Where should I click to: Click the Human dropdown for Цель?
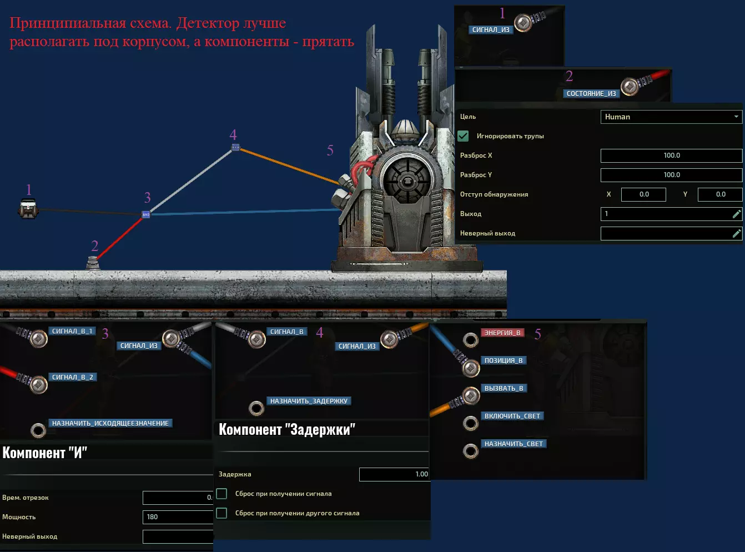coord(671,117)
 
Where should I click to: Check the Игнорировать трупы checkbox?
coord(463,136)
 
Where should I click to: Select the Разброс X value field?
coord(671,155)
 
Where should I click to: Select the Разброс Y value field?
coord(671,175)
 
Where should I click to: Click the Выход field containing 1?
coord(666,214)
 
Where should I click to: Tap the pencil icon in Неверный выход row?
coord(737,233)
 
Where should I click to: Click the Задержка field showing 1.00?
coord(394,474)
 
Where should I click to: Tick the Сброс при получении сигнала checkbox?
coord(222,494)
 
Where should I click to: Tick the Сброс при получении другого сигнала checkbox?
coord(222,513)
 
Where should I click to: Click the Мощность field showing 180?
coord(178,517)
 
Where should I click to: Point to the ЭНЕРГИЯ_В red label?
coord(502,333)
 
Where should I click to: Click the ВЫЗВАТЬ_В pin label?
coord(504,388)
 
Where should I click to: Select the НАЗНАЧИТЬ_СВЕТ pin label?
coord(514,444)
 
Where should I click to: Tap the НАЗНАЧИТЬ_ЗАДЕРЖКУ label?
coord(309,401)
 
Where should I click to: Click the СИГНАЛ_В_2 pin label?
coord(73,377)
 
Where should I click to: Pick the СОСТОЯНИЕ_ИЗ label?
coord(591,93)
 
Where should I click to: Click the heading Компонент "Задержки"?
coord(287,429)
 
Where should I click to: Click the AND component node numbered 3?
coord(146,214)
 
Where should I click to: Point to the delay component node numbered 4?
coord(235,147)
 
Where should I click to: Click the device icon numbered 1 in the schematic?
coord(28,209)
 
